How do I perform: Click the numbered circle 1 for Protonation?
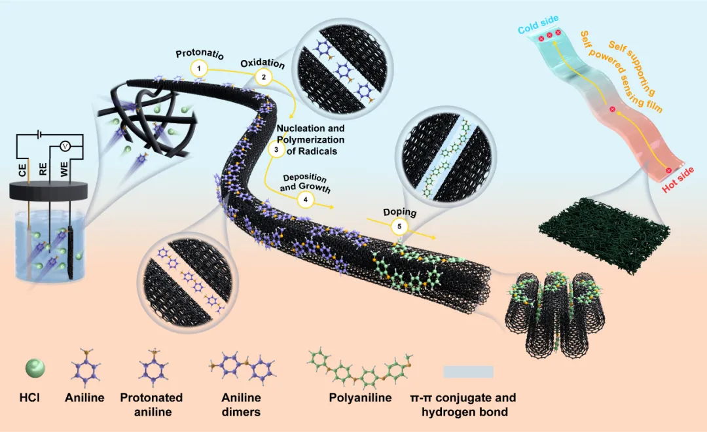click(198, 68)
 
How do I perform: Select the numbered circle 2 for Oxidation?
click(263, 77)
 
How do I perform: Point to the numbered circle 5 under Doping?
click(399, 226)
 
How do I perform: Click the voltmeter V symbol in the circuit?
click(65, 146)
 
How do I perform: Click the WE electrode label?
click(63, 170)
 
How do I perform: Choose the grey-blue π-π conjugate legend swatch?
click(468, 372)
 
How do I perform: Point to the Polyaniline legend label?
click(360, 398)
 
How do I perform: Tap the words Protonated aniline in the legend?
click(151, 405)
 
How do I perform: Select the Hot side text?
click(678, 179)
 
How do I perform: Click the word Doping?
click(399, 213)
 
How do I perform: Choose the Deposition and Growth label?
click(304, 183)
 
